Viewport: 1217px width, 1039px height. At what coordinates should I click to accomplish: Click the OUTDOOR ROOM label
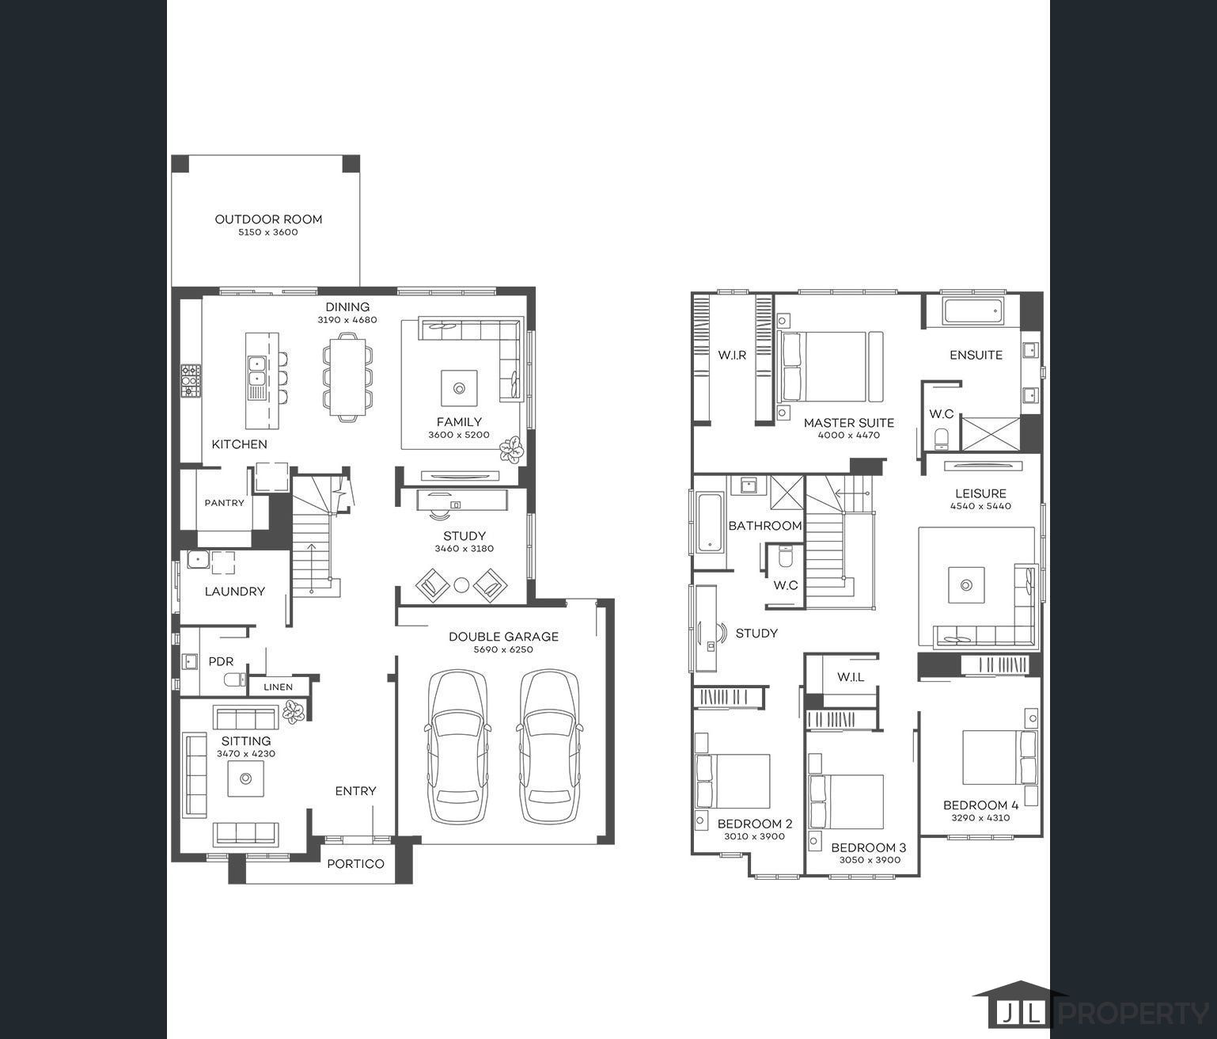268,219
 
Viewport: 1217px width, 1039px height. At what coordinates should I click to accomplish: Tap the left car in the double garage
458,748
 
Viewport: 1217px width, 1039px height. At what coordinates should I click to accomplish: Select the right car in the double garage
550,748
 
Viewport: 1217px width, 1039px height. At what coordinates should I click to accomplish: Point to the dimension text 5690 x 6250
503,649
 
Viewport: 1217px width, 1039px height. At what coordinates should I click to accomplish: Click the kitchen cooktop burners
191,381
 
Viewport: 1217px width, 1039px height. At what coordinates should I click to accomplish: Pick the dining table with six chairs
347,376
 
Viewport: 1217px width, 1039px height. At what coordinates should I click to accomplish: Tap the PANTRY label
224,503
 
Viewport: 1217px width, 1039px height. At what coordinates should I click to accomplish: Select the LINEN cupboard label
278,687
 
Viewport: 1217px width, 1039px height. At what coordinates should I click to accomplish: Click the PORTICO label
355,864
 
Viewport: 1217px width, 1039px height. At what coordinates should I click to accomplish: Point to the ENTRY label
355,791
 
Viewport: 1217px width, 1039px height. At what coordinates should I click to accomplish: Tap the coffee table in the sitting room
246,779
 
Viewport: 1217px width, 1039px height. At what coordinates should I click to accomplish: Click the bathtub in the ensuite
972,311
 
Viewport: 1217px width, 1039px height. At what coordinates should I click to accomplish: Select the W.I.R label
732,356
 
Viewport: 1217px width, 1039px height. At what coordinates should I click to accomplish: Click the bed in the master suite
823,367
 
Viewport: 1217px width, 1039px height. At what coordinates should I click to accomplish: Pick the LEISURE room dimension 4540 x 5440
980,506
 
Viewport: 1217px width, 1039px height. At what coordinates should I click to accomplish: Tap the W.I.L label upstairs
851,677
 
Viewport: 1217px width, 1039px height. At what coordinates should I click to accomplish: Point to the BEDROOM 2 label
754,824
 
